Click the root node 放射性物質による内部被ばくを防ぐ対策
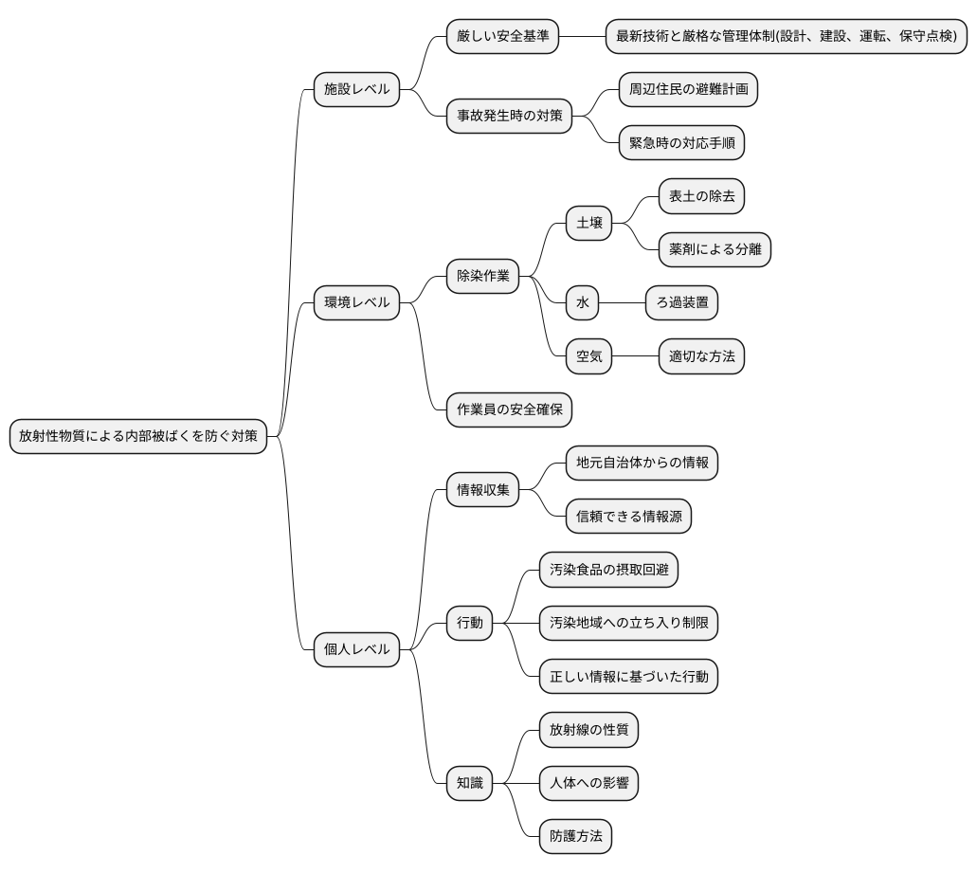tap(137, 437)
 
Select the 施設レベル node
tap(356, 90)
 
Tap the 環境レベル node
tap(356, 303)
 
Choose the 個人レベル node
tap(356, 649)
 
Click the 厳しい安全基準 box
tap(501, 37)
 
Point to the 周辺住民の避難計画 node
tap(688, 90)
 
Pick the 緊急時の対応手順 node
tap(681, 143)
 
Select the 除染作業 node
tap(482, 277)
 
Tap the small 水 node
tap(582, 303)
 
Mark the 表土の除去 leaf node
tap(701, 197)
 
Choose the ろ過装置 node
tap(681, 303)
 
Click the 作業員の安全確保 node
tap(509, 409)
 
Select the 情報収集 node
tap(482, 490)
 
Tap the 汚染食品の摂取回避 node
tap(608, 570)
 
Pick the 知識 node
tap(469, 783)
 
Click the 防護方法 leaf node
tap(575, 836)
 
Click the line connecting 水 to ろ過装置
tap(623, 303)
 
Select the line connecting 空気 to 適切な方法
tap(635, 356)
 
